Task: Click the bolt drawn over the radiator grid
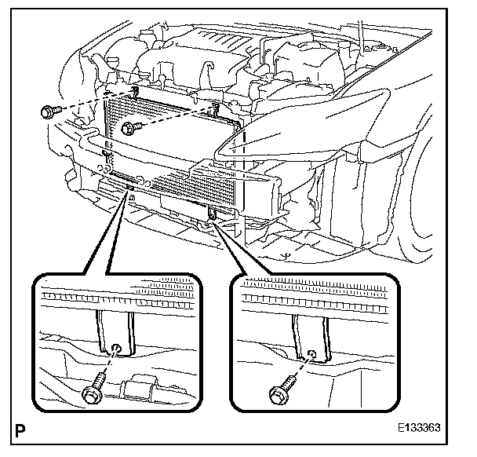point(134,126)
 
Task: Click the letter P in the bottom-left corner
point(17,431)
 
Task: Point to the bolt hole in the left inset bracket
point(116,349)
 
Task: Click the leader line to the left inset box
point(110,236)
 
